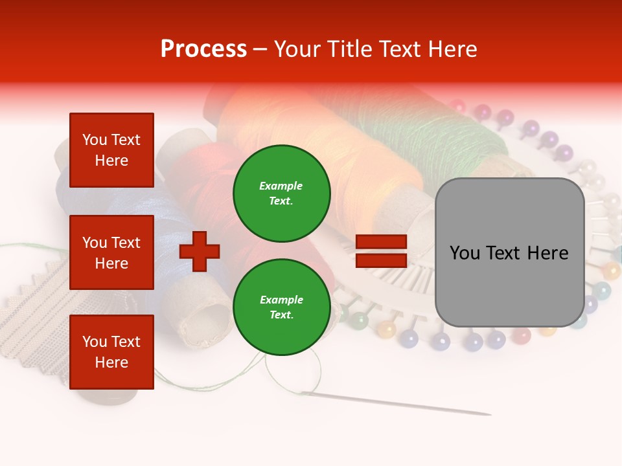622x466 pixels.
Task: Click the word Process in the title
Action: (203, 49)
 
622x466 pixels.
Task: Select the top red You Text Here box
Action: (111, 150)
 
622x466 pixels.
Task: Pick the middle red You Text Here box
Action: (111, 252)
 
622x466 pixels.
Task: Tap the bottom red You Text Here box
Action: (111, 351)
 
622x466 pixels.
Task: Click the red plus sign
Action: (200, 252)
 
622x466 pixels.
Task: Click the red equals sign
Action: (381, 251)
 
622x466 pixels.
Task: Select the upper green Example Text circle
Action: (281, 194)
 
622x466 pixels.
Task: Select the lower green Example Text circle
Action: (281, 307)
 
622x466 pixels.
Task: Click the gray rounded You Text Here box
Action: (509, 252)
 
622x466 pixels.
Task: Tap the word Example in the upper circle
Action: (281, 186)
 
